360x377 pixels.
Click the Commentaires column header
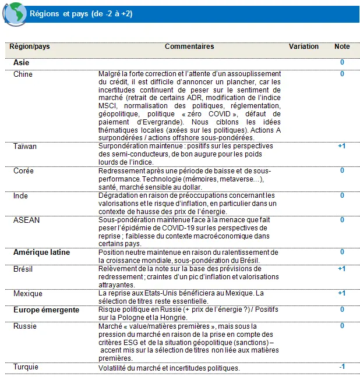189,47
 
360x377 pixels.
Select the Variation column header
303,47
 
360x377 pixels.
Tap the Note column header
341,47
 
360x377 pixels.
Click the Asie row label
22,62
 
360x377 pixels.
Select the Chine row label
23,74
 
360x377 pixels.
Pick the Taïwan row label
25,146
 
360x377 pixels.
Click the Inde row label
21,196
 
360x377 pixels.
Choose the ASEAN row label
26,220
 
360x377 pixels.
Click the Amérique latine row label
41,252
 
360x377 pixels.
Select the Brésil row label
24,269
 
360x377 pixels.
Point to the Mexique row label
28,294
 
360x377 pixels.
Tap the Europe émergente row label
47,310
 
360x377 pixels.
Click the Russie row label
25,326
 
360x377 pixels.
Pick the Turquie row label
27,367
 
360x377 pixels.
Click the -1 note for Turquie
341,366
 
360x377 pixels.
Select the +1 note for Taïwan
341,146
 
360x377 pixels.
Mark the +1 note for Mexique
341,294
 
